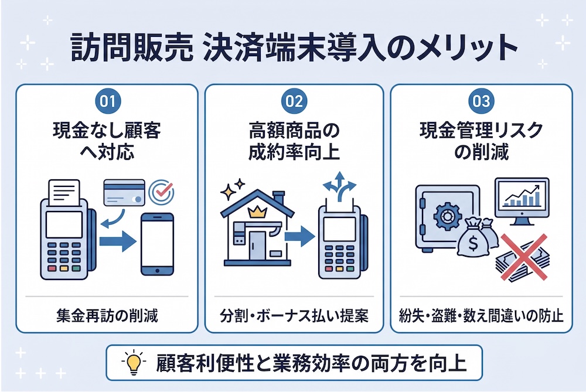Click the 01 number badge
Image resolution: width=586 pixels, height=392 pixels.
point(108,101)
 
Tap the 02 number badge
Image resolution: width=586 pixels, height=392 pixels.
point(294,101)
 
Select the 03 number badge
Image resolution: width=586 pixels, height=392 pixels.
point(481,101)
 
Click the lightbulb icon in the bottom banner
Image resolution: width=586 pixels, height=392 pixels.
point(134,362)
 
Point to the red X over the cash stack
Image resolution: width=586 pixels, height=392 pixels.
point(523,257)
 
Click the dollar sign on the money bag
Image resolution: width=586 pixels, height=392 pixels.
point(473,244)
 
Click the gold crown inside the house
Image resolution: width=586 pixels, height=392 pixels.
point(257,213)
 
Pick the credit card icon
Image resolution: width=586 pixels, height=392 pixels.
point(124,192)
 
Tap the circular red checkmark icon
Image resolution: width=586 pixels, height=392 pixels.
point(162,192)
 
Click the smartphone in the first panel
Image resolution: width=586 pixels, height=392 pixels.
point(157,244)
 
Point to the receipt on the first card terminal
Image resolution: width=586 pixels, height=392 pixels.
point(64,193)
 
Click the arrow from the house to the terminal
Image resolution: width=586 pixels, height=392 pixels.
point(299,236)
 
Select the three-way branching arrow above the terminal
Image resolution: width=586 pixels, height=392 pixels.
point(339,186)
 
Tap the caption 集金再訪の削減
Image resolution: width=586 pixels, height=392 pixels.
point(107,316)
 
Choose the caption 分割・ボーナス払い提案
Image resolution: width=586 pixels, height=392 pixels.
point(294,316)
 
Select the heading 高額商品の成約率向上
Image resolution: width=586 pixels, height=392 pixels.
point(294,142)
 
